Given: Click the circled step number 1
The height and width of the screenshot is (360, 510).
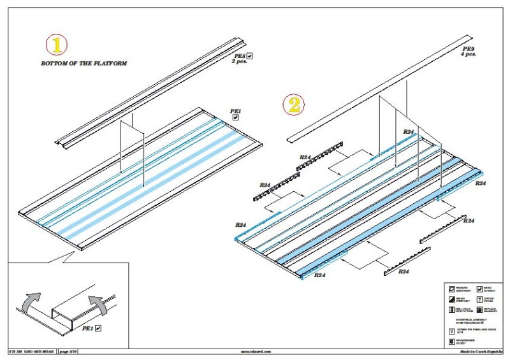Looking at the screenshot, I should tap(57, 44).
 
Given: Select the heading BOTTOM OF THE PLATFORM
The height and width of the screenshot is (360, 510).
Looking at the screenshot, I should tap(84, 64).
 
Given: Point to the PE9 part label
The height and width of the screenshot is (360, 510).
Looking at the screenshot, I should tap(468, 48).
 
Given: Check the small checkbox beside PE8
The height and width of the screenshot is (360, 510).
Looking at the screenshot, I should tap(251, 56).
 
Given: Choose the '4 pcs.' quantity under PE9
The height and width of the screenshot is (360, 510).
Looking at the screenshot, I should tap(469, 55).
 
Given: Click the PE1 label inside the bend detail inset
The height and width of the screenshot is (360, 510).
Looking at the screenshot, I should tap(88, 329).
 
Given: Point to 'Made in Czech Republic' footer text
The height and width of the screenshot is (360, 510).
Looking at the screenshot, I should tap(479, 351).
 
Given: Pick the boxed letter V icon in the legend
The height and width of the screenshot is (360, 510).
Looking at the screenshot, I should tap(452, 331).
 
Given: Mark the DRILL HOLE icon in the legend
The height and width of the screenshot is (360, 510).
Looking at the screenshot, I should tap(452, 309).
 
